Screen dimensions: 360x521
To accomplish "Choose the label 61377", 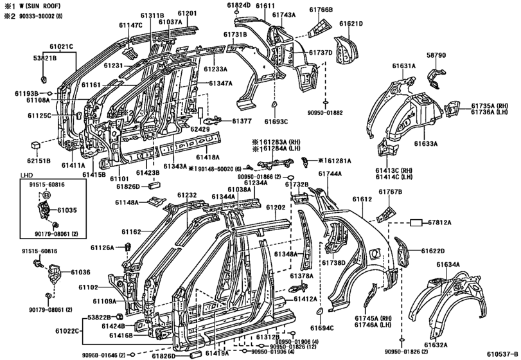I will (242, 121).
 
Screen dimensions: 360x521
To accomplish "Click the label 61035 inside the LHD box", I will (67, 210).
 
